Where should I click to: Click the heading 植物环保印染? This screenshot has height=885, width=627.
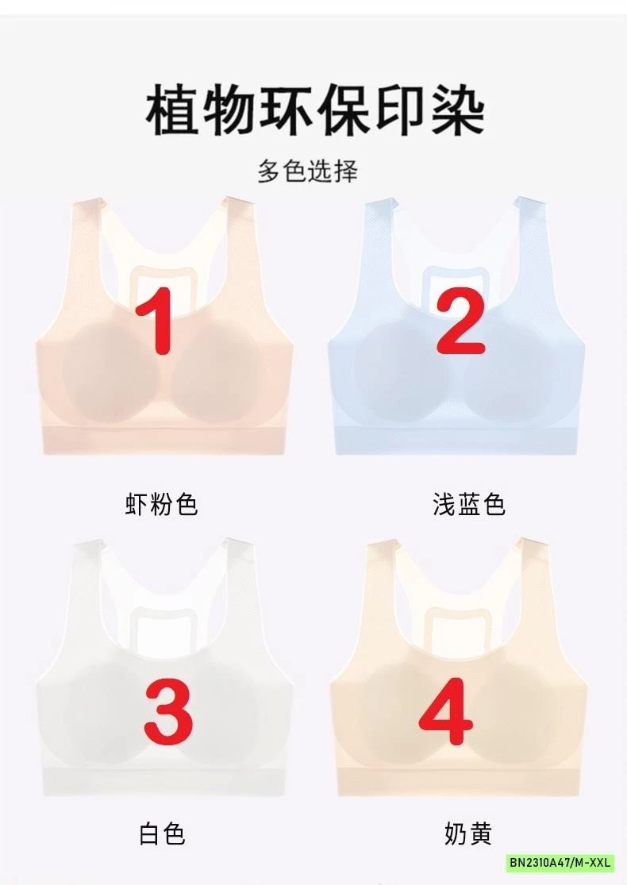point(314,112)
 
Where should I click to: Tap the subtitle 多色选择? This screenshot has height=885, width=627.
point(307,171)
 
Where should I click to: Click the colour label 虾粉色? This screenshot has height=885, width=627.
point(161,504)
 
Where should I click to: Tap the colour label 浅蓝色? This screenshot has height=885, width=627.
point(469,504)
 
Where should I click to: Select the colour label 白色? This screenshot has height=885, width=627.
point(161,833)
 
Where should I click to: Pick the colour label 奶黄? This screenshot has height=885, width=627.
point(468,833)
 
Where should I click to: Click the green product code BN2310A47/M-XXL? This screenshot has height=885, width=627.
point(560,863)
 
